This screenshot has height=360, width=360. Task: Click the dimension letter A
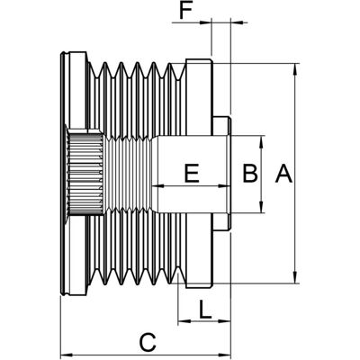click(x=283, y=174)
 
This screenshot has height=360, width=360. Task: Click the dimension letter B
click(x=250, y=174)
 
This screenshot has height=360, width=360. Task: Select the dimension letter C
click(x=148, y=342)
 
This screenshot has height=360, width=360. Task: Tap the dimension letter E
click(x=192, y=174)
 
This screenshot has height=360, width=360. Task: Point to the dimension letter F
click(x=185, y=12)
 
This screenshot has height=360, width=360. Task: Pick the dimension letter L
click(x=205, y=310)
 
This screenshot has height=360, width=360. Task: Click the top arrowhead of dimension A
click(x=296, y=69)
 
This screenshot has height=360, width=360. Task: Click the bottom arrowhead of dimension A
click(x=296, y=277)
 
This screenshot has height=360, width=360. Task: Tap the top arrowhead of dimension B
click(x=262, y=141)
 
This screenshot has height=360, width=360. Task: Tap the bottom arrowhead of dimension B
click(x=262, y=207)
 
